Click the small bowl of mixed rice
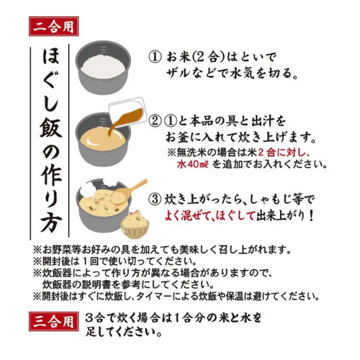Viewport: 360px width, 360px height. tap(132, 225)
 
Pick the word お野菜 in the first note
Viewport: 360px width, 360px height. tap(60, 249)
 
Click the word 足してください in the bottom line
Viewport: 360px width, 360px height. tap(122, 333)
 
